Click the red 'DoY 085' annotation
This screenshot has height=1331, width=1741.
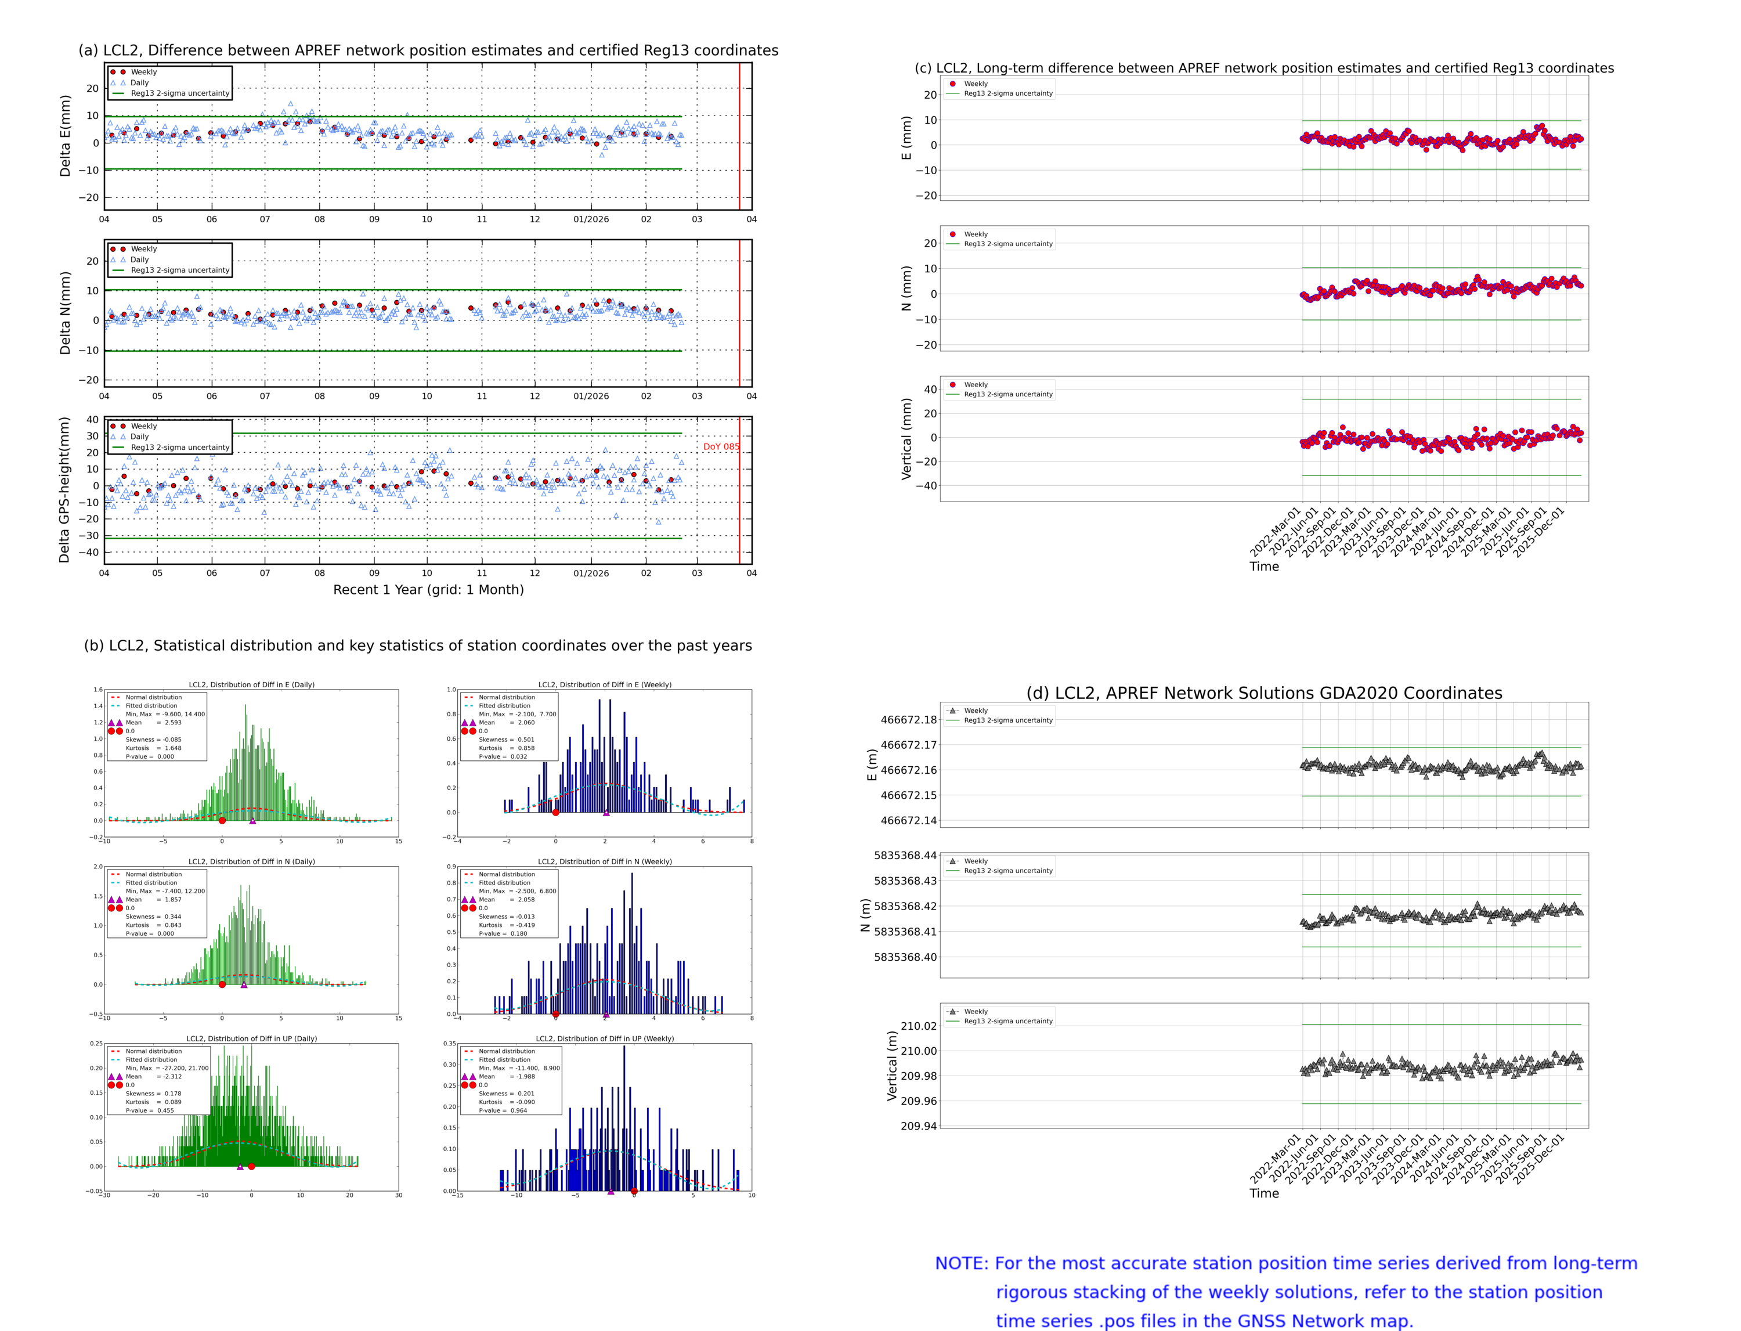[x=721, y=447]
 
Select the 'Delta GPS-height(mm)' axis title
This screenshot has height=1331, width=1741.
[x=65, y=489]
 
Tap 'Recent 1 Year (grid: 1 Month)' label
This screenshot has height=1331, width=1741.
[x=428, y=589]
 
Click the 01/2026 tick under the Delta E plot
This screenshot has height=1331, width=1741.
[x=591, y=219]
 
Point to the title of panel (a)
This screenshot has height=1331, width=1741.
[x=428, y=50]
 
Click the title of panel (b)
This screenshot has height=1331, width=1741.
[x=417, y=645]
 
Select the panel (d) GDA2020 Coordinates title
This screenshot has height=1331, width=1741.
[x=1264, y=693]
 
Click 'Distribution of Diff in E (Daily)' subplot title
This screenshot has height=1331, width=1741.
[x=252, y=684]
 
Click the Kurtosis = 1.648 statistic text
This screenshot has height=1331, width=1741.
[x=153, y=748]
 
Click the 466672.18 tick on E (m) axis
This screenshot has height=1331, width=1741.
[x=909, y=720]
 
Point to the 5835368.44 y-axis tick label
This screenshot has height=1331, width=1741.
[x=905, y=856]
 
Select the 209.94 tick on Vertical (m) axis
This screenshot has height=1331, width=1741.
[x=918, y=1126]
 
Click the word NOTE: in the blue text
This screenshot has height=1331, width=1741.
[x=962, y=1264]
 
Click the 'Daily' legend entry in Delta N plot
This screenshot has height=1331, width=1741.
[x=139, y=260]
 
